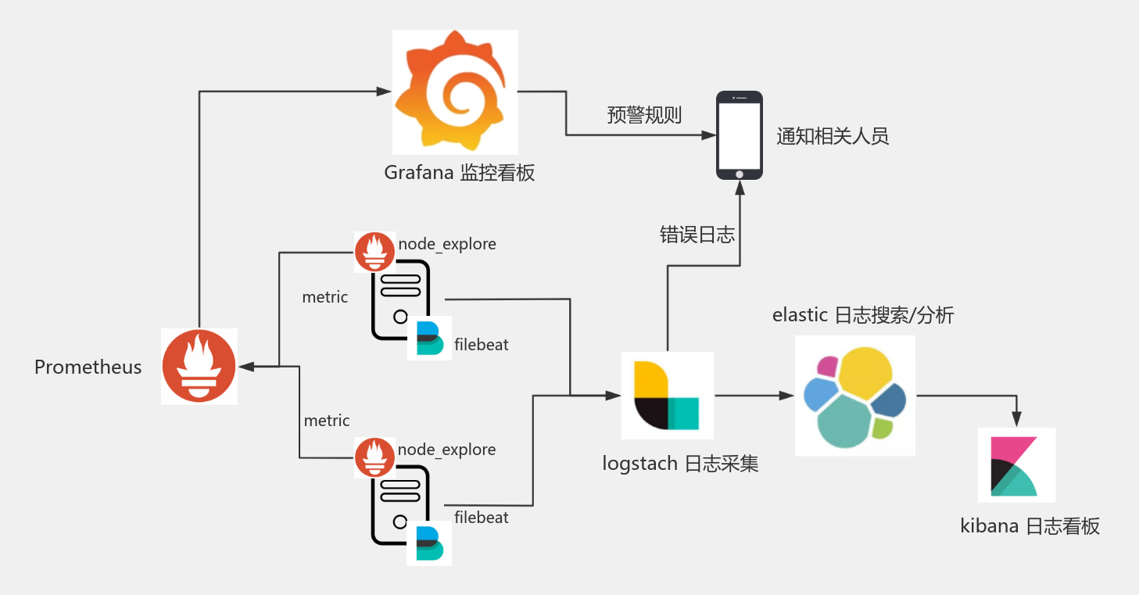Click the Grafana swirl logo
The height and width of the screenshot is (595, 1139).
point(455,91)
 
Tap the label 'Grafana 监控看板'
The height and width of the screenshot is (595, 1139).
point(459,173)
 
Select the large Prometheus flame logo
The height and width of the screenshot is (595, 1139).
point(199,367)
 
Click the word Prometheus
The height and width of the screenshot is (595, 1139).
point(88,367)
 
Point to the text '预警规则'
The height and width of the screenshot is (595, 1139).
point(644,116)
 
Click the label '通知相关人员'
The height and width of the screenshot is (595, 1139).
point(833,136)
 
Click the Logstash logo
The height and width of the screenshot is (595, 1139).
point(667,396)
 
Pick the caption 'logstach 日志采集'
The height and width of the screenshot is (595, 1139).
point(680,464)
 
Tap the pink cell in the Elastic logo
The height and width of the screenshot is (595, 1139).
point(827,366)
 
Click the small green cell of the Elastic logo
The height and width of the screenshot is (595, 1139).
point(883,428)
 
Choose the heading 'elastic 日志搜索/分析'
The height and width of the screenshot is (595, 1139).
point(862,315)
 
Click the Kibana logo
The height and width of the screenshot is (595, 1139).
point(1016,465)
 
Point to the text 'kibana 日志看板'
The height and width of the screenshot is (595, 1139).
point(1030,526)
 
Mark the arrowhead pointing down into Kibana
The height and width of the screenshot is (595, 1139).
point(1016,421)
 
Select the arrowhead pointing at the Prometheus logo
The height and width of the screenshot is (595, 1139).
point(245,366)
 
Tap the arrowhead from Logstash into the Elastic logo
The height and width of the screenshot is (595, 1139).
point(787,396)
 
